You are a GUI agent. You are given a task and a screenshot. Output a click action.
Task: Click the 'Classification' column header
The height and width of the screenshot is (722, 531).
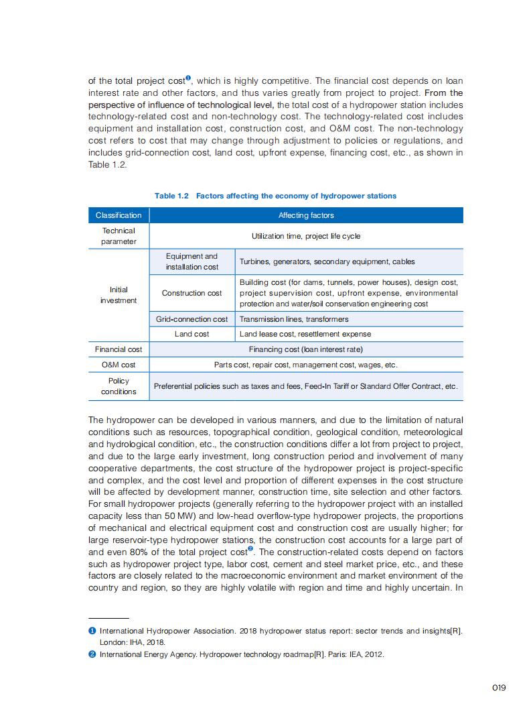(x=119, y=215)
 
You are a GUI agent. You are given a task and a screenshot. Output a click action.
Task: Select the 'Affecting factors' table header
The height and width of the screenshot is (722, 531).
(x=305, y=215)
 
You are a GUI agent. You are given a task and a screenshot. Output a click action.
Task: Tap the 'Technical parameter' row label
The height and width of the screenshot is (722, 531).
(x=119, y=236)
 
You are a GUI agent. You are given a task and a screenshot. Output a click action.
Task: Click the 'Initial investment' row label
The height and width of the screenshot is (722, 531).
(x=119, y=295)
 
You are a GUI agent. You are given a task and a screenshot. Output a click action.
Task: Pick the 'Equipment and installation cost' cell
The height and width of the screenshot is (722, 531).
(x=192, y=261)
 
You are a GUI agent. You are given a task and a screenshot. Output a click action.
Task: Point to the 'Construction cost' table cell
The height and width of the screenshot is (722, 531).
(x=192, y=293)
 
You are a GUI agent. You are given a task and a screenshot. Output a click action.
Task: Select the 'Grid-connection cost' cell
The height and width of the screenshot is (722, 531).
(x=192, y=319)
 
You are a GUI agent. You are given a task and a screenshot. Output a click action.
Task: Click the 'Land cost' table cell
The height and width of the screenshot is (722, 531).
(x=192, y=334)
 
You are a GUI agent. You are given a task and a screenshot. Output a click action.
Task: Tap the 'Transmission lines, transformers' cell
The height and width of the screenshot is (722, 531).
(x=294, y=319)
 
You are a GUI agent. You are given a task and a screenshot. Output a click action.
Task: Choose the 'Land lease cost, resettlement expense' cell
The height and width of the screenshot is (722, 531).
(x=305, y=334)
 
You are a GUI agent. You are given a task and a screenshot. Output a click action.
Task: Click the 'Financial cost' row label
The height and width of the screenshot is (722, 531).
(x=119, y=349)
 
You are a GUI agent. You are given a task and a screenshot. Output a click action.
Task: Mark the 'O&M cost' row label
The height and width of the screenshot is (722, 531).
(x=119, y=365)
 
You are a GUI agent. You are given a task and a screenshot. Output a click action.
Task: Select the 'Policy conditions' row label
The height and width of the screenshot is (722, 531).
(x=119, y=386)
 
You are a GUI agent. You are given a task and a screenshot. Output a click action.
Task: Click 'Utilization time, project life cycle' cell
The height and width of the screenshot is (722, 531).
(x=305, y=236)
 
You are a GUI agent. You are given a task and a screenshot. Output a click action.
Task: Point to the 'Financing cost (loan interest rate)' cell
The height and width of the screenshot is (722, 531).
(x=305, y=349)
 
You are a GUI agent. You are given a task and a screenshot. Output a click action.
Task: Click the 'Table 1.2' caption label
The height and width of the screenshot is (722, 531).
(x=171, y=196)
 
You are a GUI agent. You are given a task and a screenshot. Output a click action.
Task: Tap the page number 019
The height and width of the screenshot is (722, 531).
(x=498, y=687)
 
